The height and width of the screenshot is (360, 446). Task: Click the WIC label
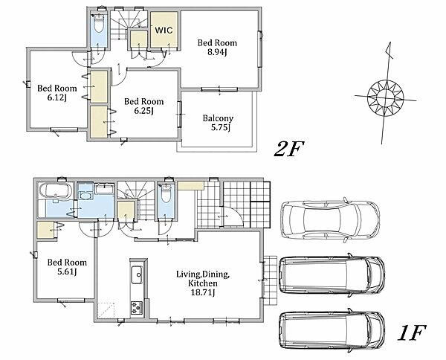(x=164, y=30)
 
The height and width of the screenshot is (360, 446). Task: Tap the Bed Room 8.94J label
(x=217, y=48)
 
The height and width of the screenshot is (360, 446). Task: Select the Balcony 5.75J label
(x=219, y=123)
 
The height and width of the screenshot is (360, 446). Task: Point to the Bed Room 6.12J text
(x=57, y=93)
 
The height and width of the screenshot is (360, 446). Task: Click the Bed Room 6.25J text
(x=144, y=106)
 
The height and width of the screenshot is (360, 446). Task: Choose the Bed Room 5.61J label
(x=67, y=267)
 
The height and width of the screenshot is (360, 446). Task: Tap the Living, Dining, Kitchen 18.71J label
(x=203, y=283)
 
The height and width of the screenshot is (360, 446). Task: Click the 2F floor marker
(x=288, y=149)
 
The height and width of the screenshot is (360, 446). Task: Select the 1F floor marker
(x=411, y=332)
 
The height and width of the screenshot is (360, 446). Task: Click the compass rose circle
(x=386, y=98)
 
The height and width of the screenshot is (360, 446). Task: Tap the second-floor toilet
(x=99, y=23)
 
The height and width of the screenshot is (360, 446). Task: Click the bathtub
(x=56, y=190)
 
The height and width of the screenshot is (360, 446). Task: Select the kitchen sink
(x=137, y=274)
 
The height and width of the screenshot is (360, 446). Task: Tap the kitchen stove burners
(x=137, y=308)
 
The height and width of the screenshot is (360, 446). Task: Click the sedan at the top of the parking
(x=329, y=220)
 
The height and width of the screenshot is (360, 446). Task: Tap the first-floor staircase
(x=136, y=200)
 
